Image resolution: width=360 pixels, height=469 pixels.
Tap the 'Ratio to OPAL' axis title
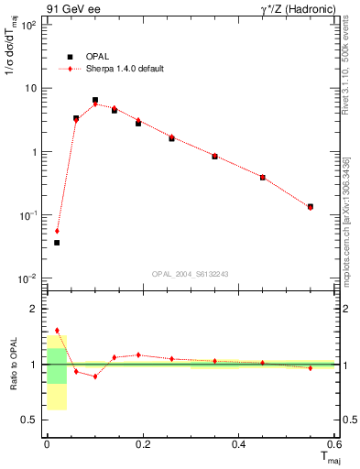[x=13, y=365]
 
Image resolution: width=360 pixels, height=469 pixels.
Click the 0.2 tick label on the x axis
[x=143, y=444]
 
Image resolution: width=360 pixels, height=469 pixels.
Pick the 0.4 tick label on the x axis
[x=239, y=444]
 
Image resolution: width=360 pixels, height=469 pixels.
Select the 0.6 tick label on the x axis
[x=333, y=444]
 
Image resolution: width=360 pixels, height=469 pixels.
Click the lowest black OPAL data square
[x=57, y=243]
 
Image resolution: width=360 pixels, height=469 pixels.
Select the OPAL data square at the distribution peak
[x=95, y=100]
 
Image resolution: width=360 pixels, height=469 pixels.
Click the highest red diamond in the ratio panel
[x=57, y=331]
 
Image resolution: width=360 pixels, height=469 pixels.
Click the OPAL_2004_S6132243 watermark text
[x=190, y=274]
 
